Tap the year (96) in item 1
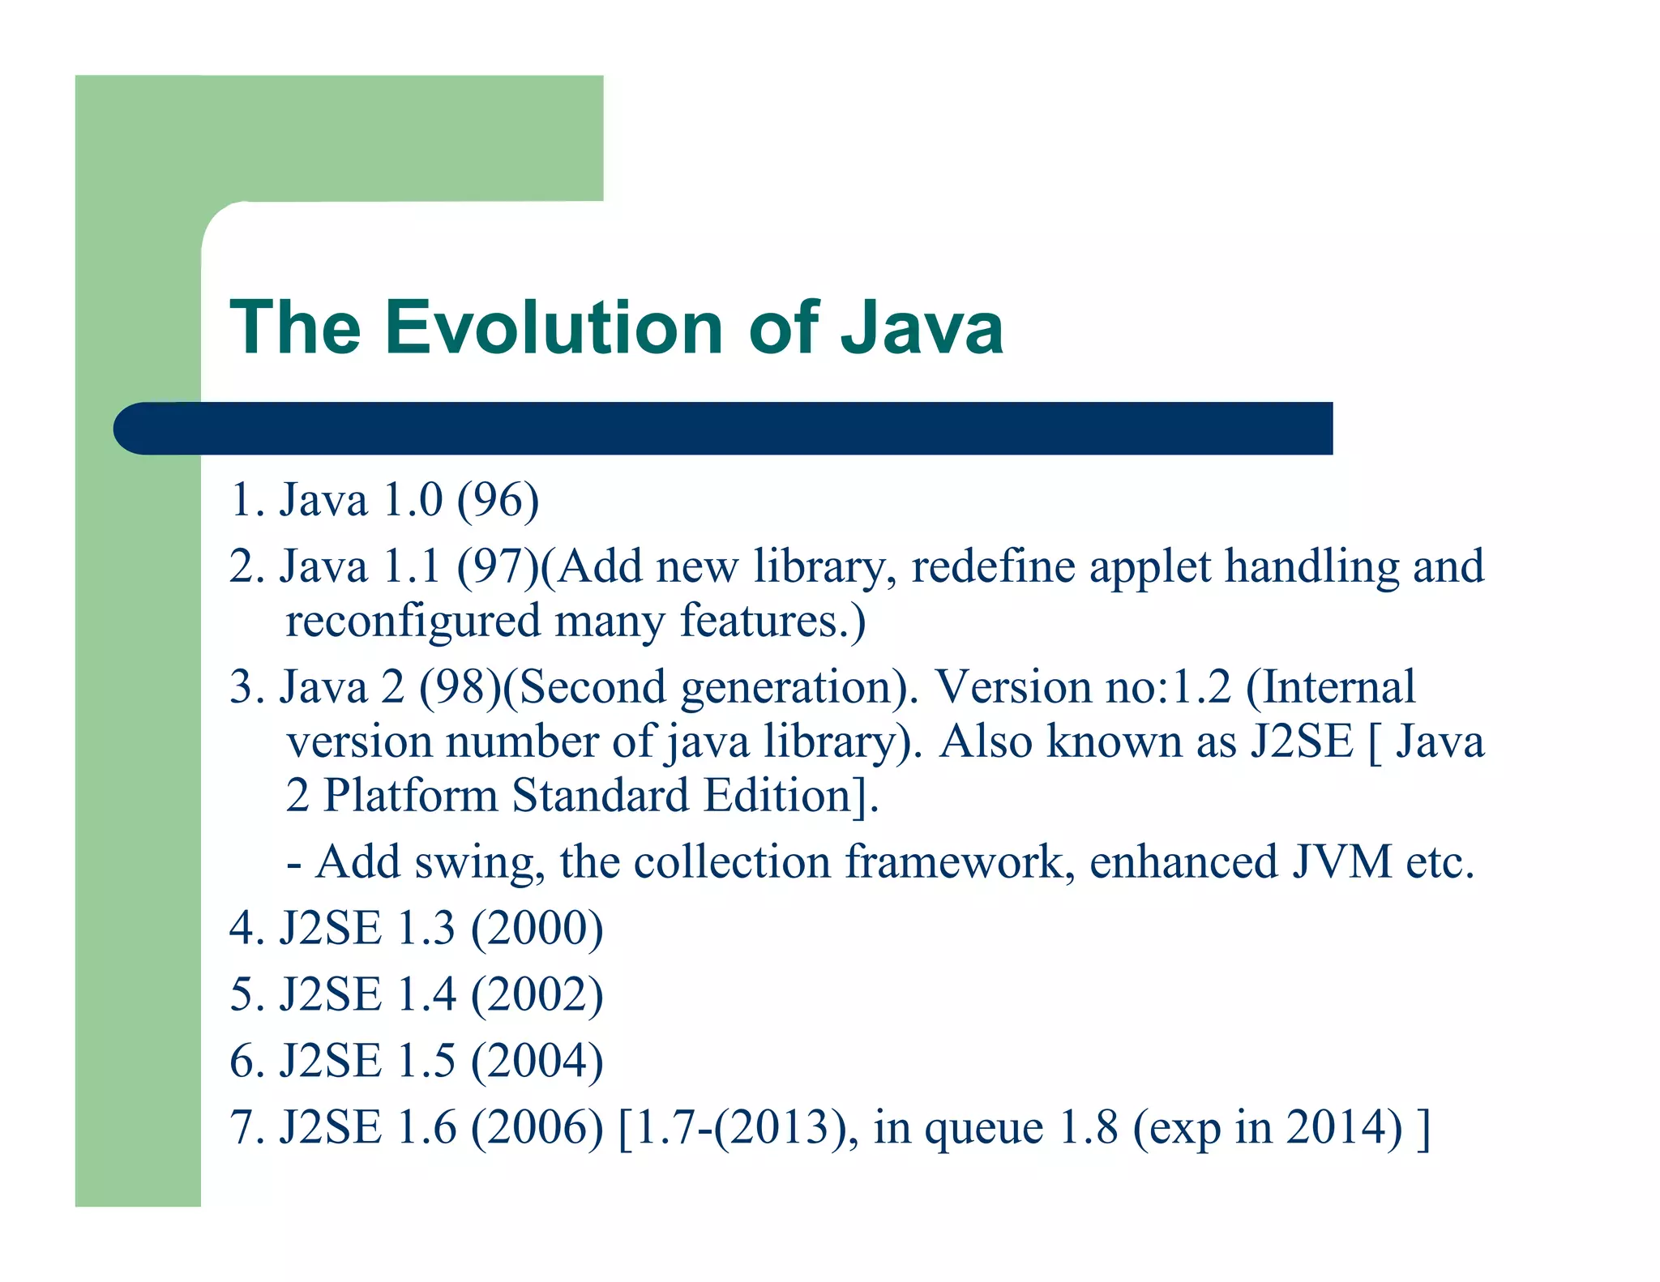pyautogui.click(x=498, y=500)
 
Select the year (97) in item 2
pyautogui.click(x=496, y=566)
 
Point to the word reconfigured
pyautogui.click(x=413, y=622)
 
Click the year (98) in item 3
pyautogui.click(x=460, y=687)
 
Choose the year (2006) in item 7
pyautogui.click(x=537, y=1127)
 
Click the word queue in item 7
pyautogui.click(x=983, y=1129)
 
